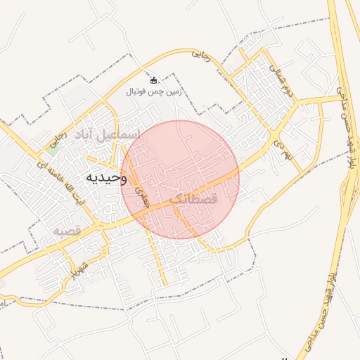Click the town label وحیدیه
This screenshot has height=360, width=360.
[105, 178]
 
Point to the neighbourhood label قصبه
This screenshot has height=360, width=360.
[68, 230]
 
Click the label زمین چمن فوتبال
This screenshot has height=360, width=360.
[154, 92]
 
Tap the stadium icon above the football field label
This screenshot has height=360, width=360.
[154, 80]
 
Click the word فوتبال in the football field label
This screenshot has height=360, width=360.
[136, 92]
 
